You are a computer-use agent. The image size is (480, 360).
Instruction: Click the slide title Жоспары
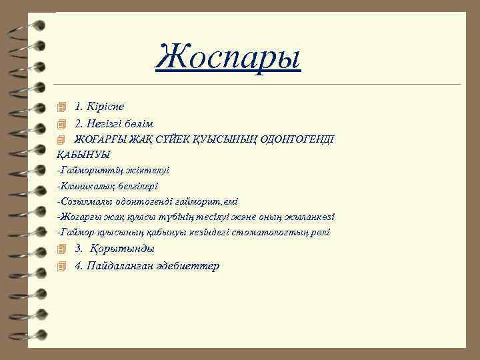(228, 57)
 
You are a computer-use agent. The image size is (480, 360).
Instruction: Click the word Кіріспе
(105, 107)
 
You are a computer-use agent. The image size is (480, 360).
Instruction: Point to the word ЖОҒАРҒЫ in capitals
(97, 139)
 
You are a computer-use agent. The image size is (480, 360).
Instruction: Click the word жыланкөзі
(311, 217)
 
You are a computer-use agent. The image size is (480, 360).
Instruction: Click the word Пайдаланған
(124, 265)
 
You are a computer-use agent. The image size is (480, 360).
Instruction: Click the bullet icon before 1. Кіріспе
(63, 107)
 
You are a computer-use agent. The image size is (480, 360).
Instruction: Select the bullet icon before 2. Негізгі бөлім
(63, 123)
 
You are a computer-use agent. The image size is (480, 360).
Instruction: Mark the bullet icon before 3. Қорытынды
(63, 249)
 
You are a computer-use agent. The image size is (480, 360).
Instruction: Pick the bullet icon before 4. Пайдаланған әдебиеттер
(63, 265)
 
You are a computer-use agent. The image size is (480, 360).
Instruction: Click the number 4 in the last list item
(78, 265)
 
